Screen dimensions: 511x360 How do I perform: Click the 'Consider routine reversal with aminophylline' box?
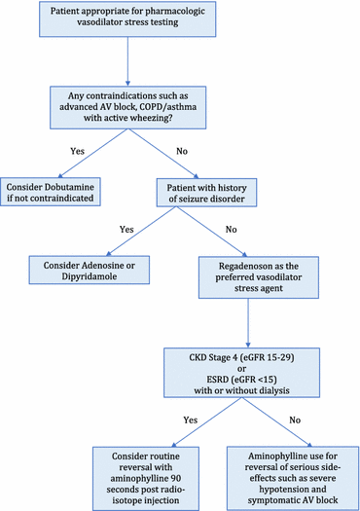pos(154,473)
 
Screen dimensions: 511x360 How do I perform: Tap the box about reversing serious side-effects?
pos(293,473)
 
